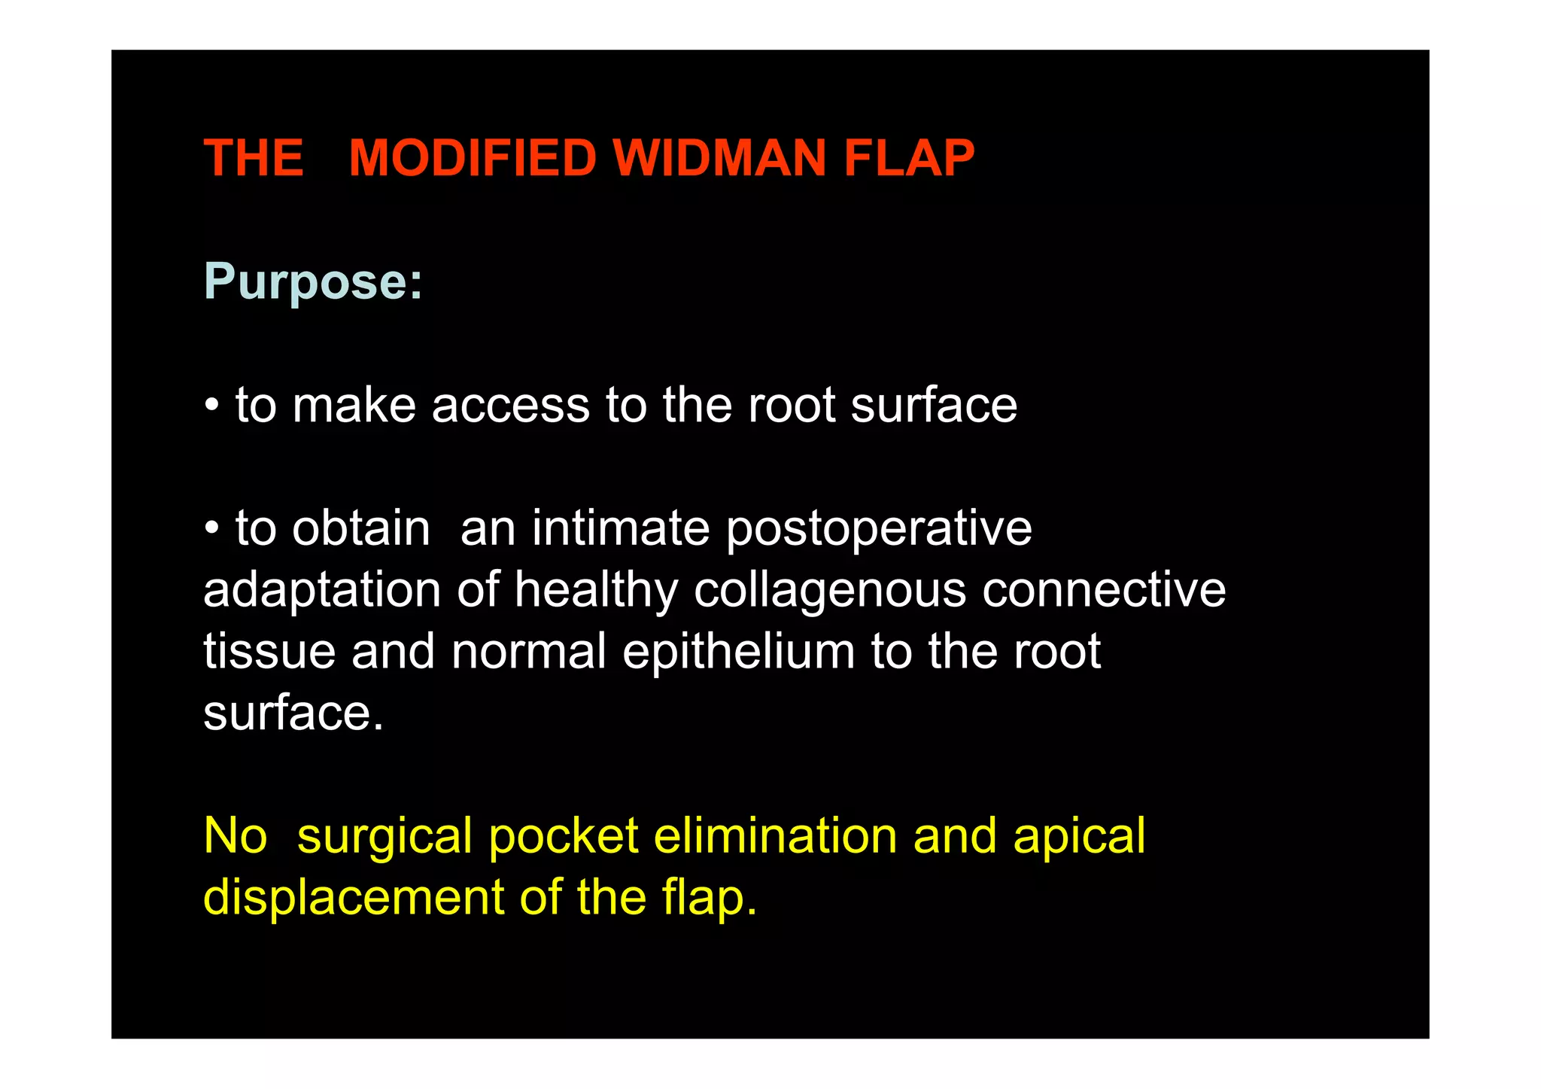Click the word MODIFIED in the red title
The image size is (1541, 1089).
coord(472,158)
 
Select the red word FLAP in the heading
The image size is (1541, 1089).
coord(908,158)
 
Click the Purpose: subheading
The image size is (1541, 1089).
coord(313,282)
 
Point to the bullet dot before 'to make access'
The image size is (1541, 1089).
coord(212,406)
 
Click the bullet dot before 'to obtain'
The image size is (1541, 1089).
coord(212,528)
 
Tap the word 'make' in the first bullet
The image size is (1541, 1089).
coord(354,406)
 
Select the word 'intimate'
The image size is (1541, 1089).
coord(621,528)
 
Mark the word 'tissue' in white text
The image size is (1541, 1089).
coord(269,652)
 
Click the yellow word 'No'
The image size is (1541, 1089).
coord(236,836)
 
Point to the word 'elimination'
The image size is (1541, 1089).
coord(775,836)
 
